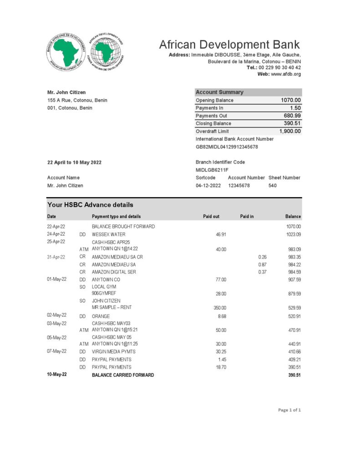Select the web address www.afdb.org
[286, 74]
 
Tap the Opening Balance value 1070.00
[291, 100]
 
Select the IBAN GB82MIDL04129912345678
[227, 147]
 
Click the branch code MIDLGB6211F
[212, 170]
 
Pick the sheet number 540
[273, 186]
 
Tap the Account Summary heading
[219, 92]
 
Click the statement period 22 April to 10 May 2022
[74, 162]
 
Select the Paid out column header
[211, 217]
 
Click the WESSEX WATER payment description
[108, 234]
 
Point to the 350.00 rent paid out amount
[220, 308]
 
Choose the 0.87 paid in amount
[262, 264]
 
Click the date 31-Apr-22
[56, 257]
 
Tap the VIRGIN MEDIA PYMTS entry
[113, 352]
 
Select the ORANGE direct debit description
[101, 316]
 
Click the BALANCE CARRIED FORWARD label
[123, 375]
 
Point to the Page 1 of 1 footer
[289, 410]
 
